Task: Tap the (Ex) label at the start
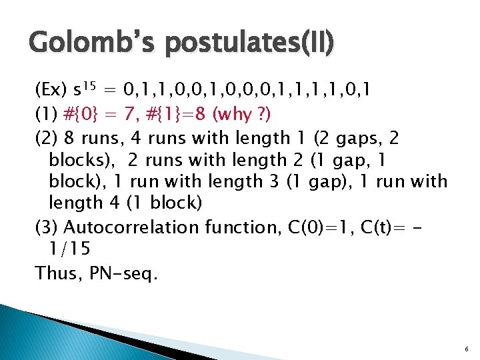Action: (50, 90)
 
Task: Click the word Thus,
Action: (61, 273)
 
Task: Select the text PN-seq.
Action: (126, 273)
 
